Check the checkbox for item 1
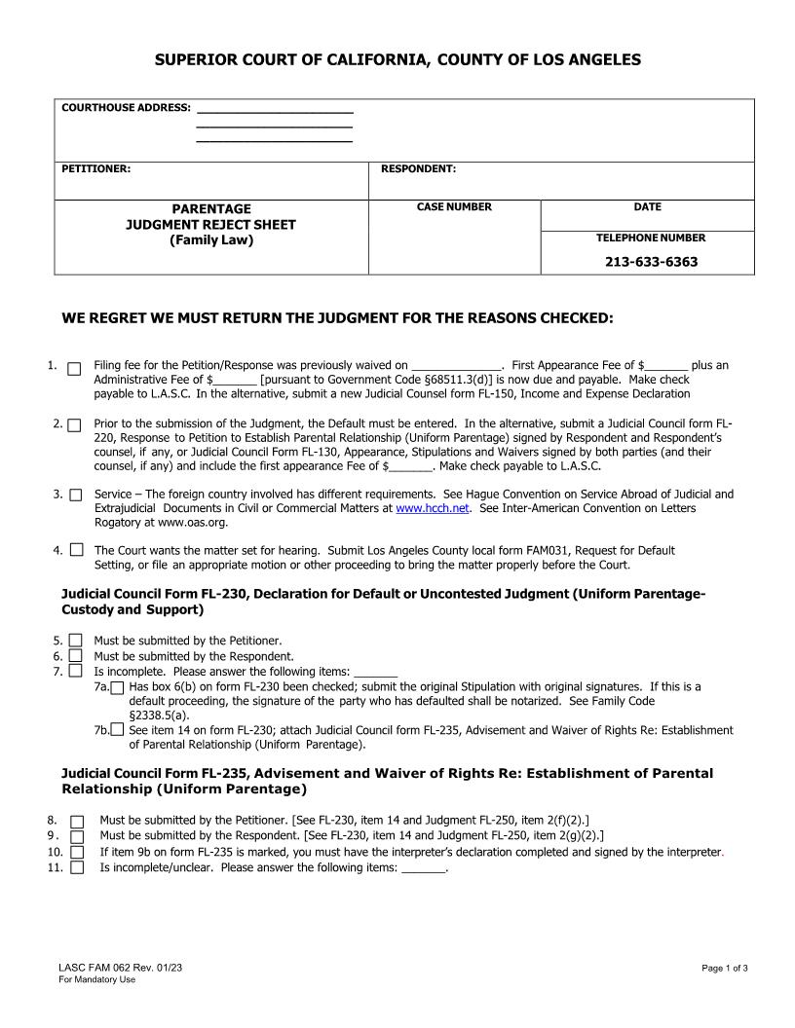pos(74,369)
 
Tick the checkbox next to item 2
pos(74,425)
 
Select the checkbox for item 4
pos(76,550)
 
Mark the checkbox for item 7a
pos(118,687)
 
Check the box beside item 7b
pos(118,729)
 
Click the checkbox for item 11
pos(77,868)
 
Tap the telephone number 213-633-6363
pos(651,262)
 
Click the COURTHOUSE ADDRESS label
pos(126,108)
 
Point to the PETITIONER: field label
pos(96,169)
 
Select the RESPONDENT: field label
pos(418,169)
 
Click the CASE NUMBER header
pos(454,207)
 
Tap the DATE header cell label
pos(647,207)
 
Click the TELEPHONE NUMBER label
pos(651,238)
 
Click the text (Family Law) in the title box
pos(211,240)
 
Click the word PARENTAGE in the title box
pos(211,209)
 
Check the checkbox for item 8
pos(77,822)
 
